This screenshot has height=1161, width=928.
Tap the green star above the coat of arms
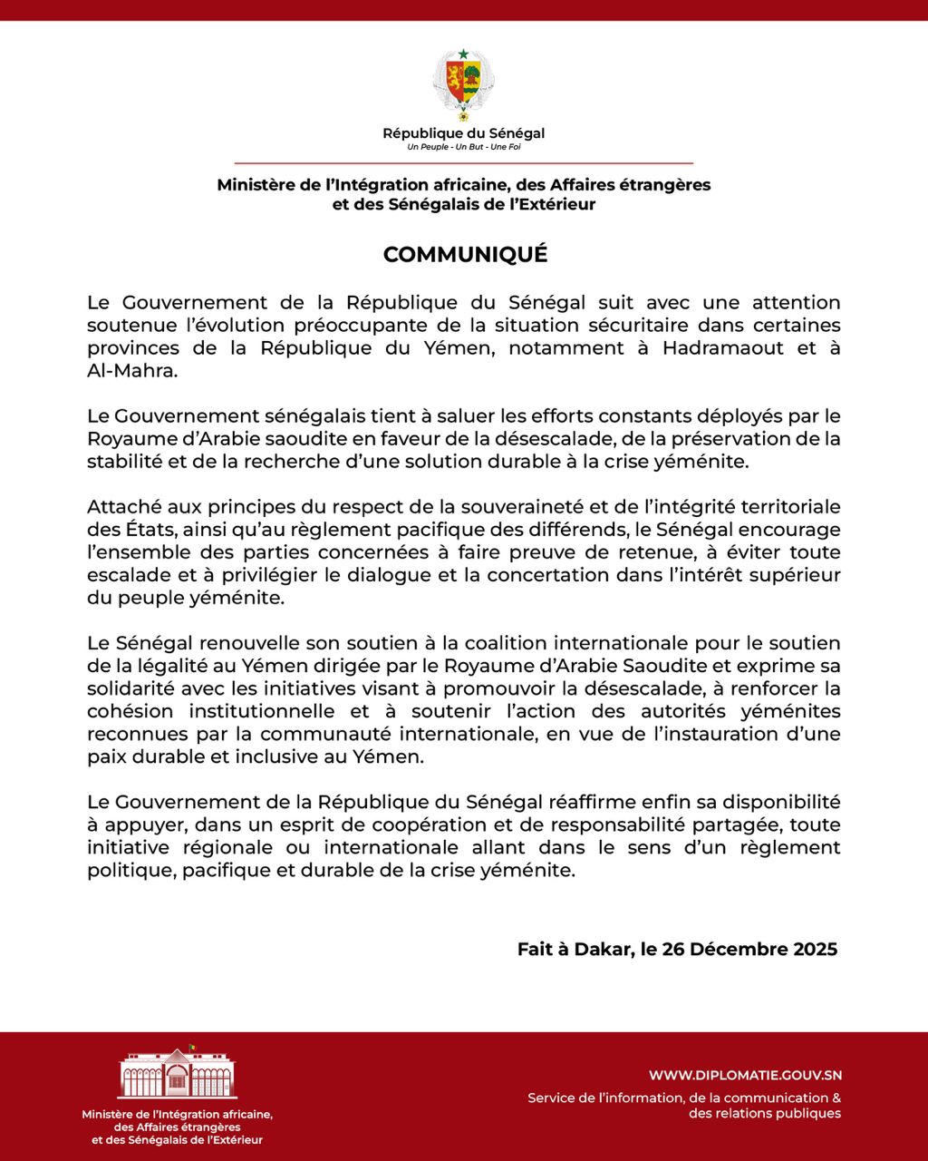pos(463,54)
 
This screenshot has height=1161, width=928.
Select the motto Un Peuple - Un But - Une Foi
pos(463,147)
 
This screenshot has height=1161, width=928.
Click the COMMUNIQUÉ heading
pos(465,255)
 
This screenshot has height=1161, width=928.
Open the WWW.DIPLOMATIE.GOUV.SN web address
pos(745,1075)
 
